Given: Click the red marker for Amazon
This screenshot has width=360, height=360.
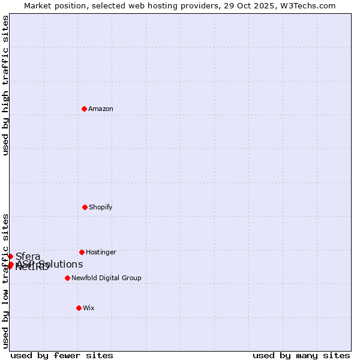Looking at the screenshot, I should click(84, 109).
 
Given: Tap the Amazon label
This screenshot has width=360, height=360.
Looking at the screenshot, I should click(101, 109).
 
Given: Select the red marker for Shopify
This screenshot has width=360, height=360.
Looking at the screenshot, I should click(85, 207).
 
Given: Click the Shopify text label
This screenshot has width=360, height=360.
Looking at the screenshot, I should click(101, 208).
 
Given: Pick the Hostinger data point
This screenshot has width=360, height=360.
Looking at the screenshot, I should click(82, 252).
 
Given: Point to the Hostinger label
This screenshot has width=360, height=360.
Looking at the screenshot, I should click(101, 253).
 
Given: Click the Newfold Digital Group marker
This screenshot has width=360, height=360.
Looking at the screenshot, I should click(67, 278).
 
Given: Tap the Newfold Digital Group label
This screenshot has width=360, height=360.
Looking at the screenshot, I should click(106, 278).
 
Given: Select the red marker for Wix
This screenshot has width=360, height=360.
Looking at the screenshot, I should click(79, 308).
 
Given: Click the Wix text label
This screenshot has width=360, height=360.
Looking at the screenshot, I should click(89, 308).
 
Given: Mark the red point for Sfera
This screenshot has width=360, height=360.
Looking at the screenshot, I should click(10, 256).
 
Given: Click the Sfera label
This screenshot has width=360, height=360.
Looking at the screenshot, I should click(28, 257).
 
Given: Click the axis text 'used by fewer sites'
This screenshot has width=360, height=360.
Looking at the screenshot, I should click(62, 355).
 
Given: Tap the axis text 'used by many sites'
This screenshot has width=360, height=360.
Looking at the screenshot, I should click(301, 355).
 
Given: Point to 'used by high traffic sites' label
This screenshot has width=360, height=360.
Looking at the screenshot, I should click(5, 85).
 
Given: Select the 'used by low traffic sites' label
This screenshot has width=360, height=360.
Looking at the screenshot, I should click(5, 280).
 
